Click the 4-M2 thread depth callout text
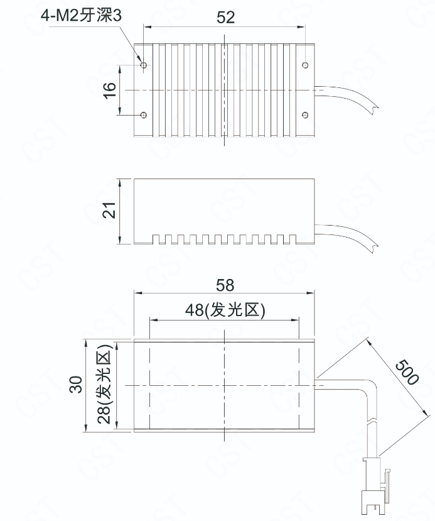[82, 15]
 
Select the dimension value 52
[225, 17]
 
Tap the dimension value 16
[109, 90]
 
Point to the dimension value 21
[109, 210]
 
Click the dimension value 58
[225, 285]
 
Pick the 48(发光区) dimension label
[225, 310]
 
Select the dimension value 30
[76, 385]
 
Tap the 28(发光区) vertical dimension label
[105, 383]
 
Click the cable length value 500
[407, 372]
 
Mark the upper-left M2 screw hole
[144, 65]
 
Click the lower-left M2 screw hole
[144, 115]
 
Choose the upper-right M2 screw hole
[305, 65]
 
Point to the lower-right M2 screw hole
[305, 115]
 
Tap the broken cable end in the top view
[375, 108]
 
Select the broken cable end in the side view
[375, 247]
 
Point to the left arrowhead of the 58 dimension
[138, 293]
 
